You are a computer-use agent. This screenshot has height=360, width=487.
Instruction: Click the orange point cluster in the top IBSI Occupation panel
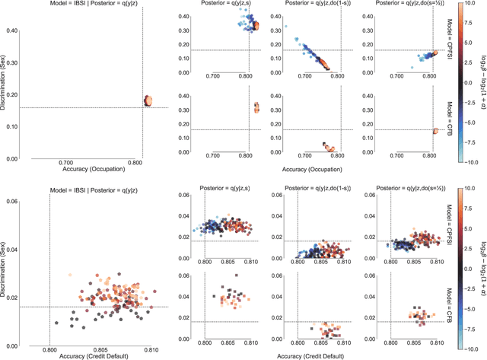pyautogui.click(x=149, y=100)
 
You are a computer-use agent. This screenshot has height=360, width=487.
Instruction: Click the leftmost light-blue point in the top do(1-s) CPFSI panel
pyautogui.click(x=286, y=27)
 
